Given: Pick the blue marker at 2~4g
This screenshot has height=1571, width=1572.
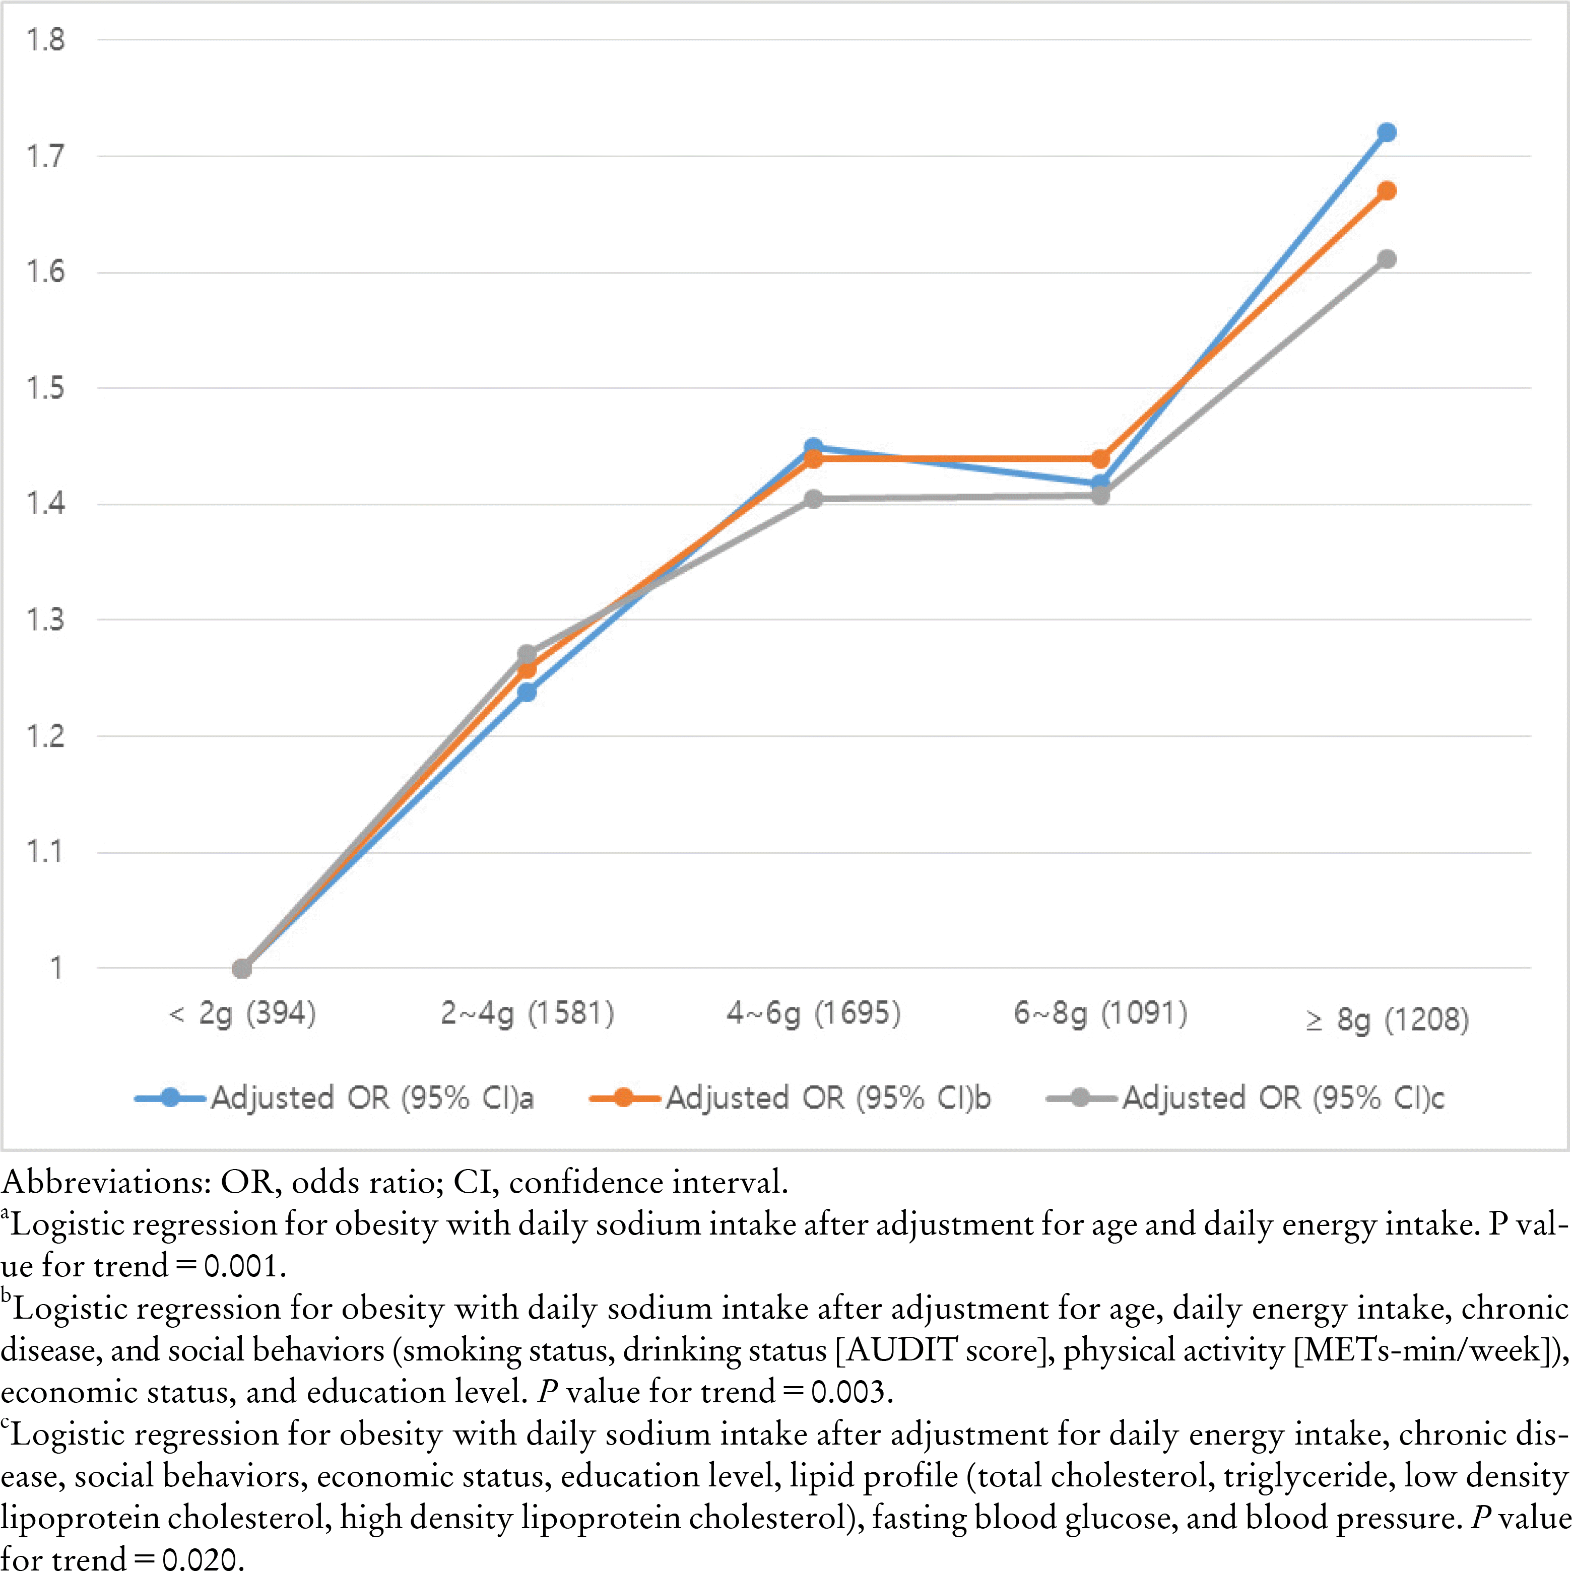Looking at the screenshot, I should (527, 693).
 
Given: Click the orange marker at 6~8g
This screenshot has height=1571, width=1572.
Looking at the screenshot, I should (1100, 459).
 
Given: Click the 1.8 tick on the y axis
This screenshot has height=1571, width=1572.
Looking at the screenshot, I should (45, 40).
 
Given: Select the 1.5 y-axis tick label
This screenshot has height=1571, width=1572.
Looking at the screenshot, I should (45, 388).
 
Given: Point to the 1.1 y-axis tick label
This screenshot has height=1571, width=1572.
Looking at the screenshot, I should (45, 852).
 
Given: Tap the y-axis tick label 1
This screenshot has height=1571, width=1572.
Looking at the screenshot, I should (55, 968).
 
